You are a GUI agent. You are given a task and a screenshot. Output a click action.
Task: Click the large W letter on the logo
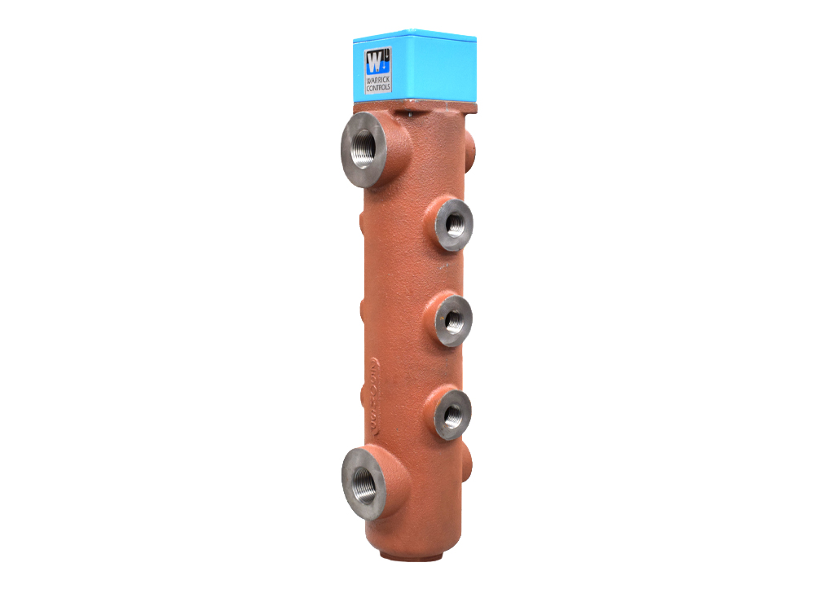tap(374, 60)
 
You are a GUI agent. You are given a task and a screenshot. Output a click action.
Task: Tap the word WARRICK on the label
tap(378, 79)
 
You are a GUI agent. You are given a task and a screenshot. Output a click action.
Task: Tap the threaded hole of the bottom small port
tap(453, 414)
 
